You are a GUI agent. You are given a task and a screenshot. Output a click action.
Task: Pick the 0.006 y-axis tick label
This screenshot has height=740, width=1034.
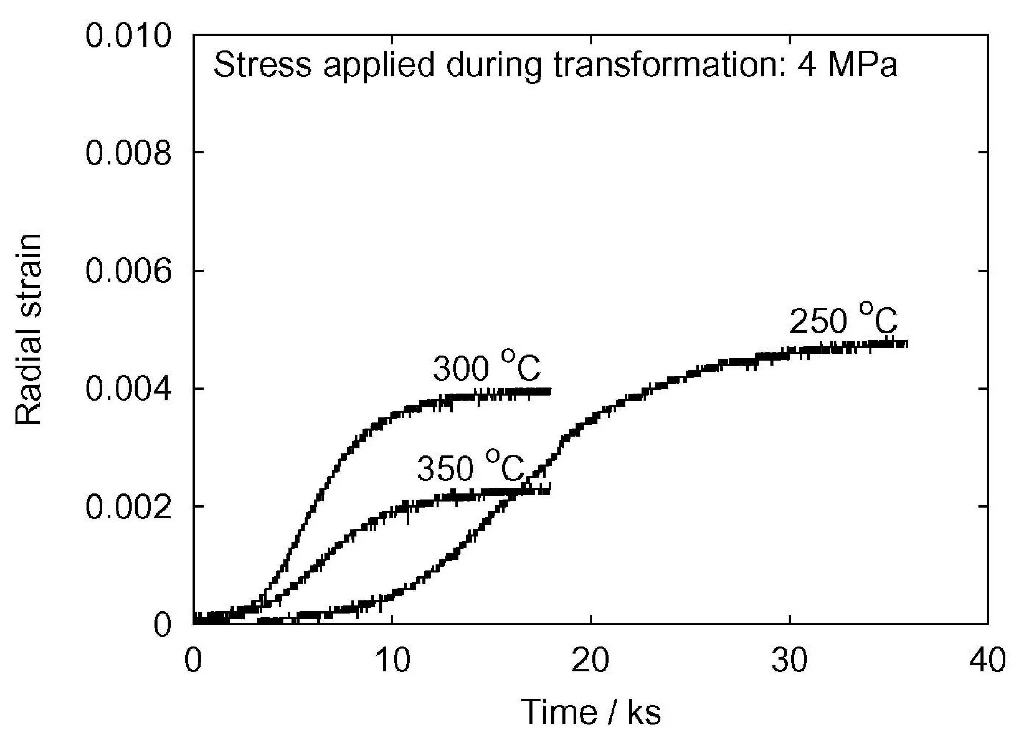[x=129, y=271]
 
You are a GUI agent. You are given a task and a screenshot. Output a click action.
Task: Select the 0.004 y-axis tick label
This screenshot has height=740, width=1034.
[x=129, y=389]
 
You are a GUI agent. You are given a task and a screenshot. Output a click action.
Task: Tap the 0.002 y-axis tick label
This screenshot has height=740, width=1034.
[x=129, y=506]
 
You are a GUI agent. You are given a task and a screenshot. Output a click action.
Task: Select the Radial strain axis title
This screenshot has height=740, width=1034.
[x=28, y=330]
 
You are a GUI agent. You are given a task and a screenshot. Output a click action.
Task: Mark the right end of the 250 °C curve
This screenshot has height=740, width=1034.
[x=906, y=344]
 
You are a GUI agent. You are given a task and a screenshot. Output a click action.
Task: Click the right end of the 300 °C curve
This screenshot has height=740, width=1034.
[x=550, y=391]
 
